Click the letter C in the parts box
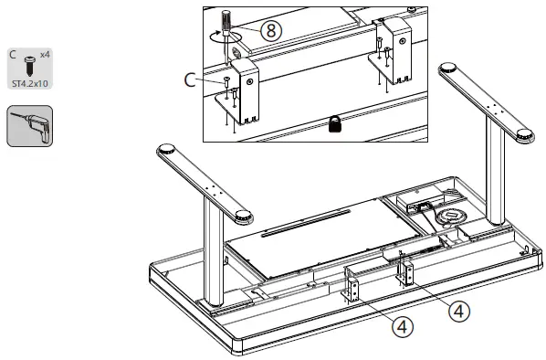click(13, 55)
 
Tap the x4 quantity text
click(46, 55)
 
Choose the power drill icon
click(29, 126)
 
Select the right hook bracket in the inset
click(395, 45)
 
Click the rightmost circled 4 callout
click(462, 311)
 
